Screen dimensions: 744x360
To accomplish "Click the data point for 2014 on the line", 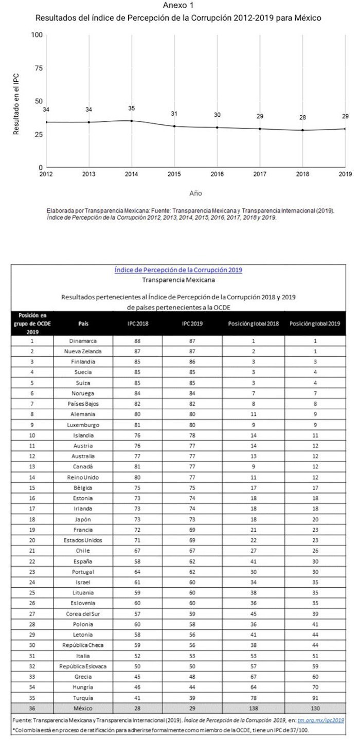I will coord(132,121).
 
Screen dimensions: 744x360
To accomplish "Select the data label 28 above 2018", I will coord(302,117).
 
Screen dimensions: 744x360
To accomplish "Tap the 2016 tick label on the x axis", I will coord(217,175).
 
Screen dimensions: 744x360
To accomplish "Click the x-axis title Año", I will coord(195,193).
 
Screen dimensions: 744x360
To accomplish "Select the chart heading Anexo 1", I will coord(178,6).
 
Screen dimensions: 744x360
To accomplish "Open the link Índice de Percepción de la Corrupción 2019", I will coord(178,269).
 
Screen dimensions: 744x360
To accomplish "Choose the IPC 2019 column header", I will coord(192,324).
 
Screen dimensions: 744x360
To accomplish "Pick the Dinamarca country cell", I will coord(83,341).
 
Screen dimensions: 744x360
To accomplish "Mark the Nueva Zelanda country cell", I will coord(83,351).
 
